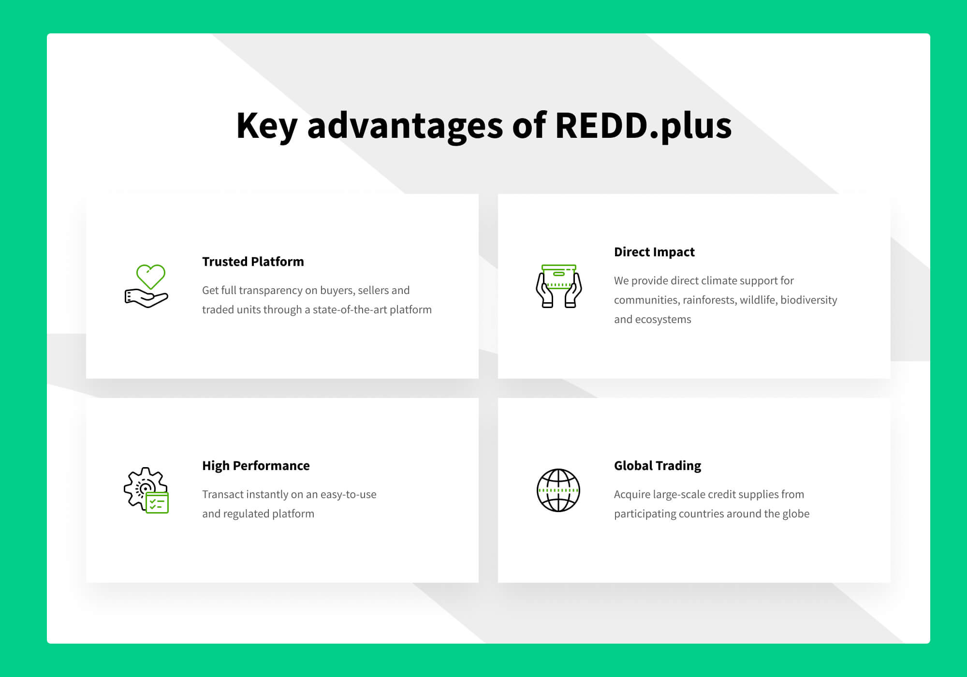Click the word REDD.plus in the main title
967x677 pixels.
643,126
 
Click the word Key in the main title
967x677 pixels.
266,126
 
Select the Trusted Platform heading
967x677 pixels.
253,262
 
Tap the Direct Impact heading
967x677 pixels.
654,252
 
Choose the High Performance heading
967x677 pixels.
256,466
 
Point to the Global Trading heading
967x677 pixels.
658,466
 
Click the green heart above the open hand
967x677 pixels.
151,276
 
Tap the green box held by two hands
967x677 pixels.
559,277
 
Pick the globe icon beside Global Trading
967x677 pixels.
558,490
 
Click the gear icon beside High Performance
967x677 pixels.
140,486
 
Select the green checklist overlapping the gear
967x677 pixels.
157,503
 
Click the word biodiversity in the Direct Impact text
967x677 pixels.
808,300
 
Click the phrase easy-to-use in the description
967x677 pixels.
348,495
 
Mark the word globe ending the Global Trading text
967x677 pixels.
795,514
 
